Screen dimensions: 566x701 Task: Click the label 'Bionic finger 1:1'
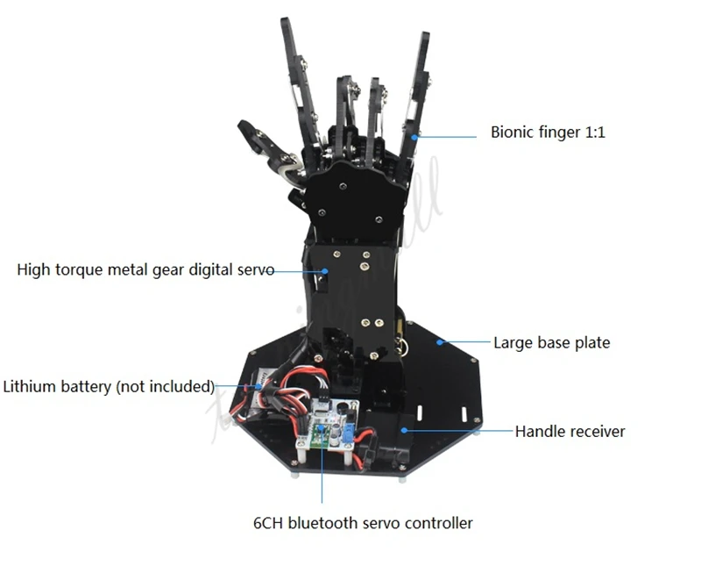tap(548, 133)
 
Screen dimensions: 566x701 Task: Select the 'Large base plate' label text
tap(551, 342)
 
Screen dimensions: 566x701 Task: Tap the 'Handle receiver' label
tap(570, 431)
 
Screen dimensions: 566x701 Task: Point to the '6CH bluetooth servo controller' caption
tap(362, 523)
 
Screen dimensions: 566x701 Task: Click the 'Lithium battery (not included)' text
tap(109, 386)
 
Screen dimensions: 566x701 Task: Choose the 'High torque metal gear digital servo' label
tap(145, 270)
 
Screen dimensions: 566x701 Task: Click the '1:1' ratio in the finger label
tap(593, 133)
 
